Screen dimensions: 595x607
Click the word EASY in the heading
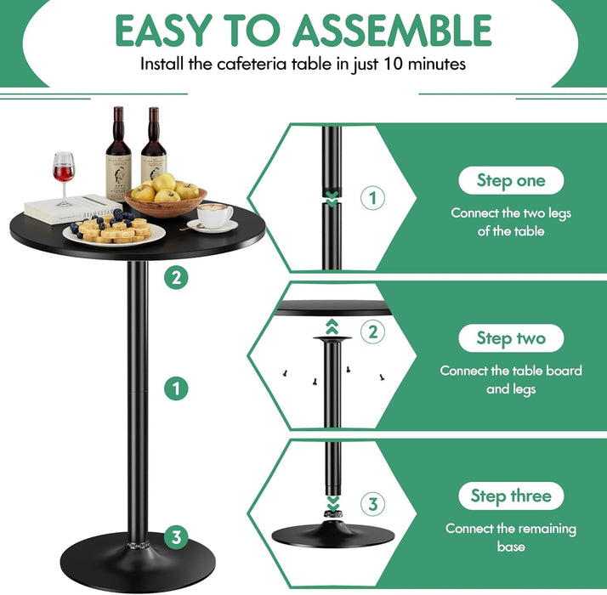click(159, 31)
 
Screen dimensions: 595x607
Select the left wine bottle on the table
click(118, 153)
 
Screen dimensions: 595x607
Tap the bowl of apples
click(165, 199)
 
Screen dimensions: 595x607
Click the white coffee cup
click(214, 216)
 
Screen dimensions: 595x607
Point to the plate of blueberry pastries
click(114, 230)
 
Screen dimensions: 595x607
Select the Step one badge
click(510, 180)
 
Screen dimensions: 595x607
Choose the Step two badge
click(510, 338)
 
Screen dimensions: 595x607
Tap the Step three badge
click(510, 496)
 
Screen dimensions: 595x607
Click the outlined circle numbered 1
click(372, 199)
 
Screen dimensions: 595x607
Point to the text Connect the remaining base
click(510, 537)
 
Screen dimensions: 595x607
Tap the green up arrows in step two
click(332, 326)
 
